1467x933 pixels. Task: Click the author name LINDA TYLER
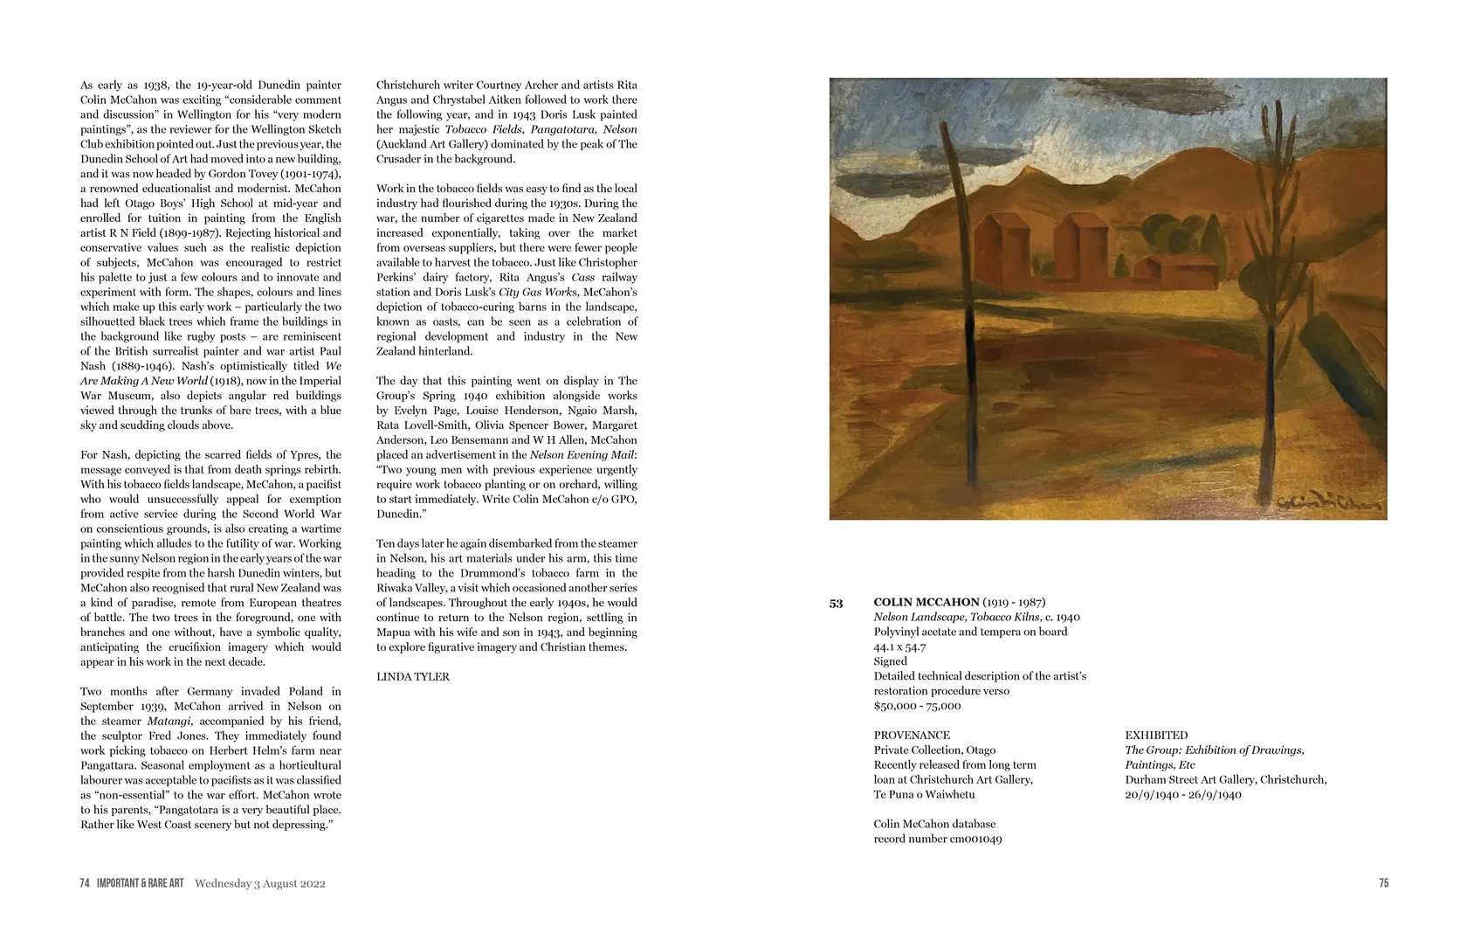(413, 677)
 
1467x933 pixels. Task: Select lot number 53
(836, 604)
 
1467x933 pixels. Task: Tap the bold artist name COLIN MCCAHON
(926, 602)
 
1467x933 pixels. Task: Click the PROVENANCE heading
(912, 736)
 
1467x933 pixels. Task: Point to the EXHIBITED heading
(1156, 736)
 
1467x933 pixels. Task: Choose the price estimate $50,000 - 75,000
(917, 706)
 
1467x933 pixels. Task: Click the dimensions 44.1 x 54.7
(899, 646)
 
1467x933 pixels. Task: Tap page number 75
(1383, 883)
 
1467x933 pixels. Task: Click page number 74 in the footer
(85, 883)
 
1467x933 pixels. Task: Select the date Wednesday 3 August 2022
(260, 883)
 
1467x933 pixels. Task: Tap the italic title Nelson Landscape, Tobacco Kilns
(957, 617)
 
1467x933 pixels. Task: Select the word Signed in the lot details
(890, 661)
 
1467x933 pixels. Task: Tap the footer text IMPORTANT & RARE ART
(140, 883)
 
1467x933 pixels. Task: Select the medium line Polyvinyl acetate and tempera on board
(970, 632)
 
